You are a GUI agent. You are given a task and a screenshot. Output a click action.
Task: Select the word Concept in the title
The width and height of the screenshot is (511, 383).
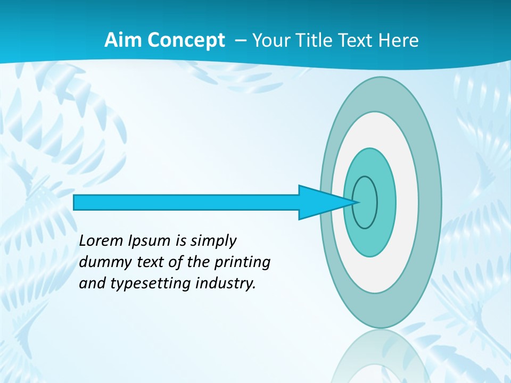coord(186,40)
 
